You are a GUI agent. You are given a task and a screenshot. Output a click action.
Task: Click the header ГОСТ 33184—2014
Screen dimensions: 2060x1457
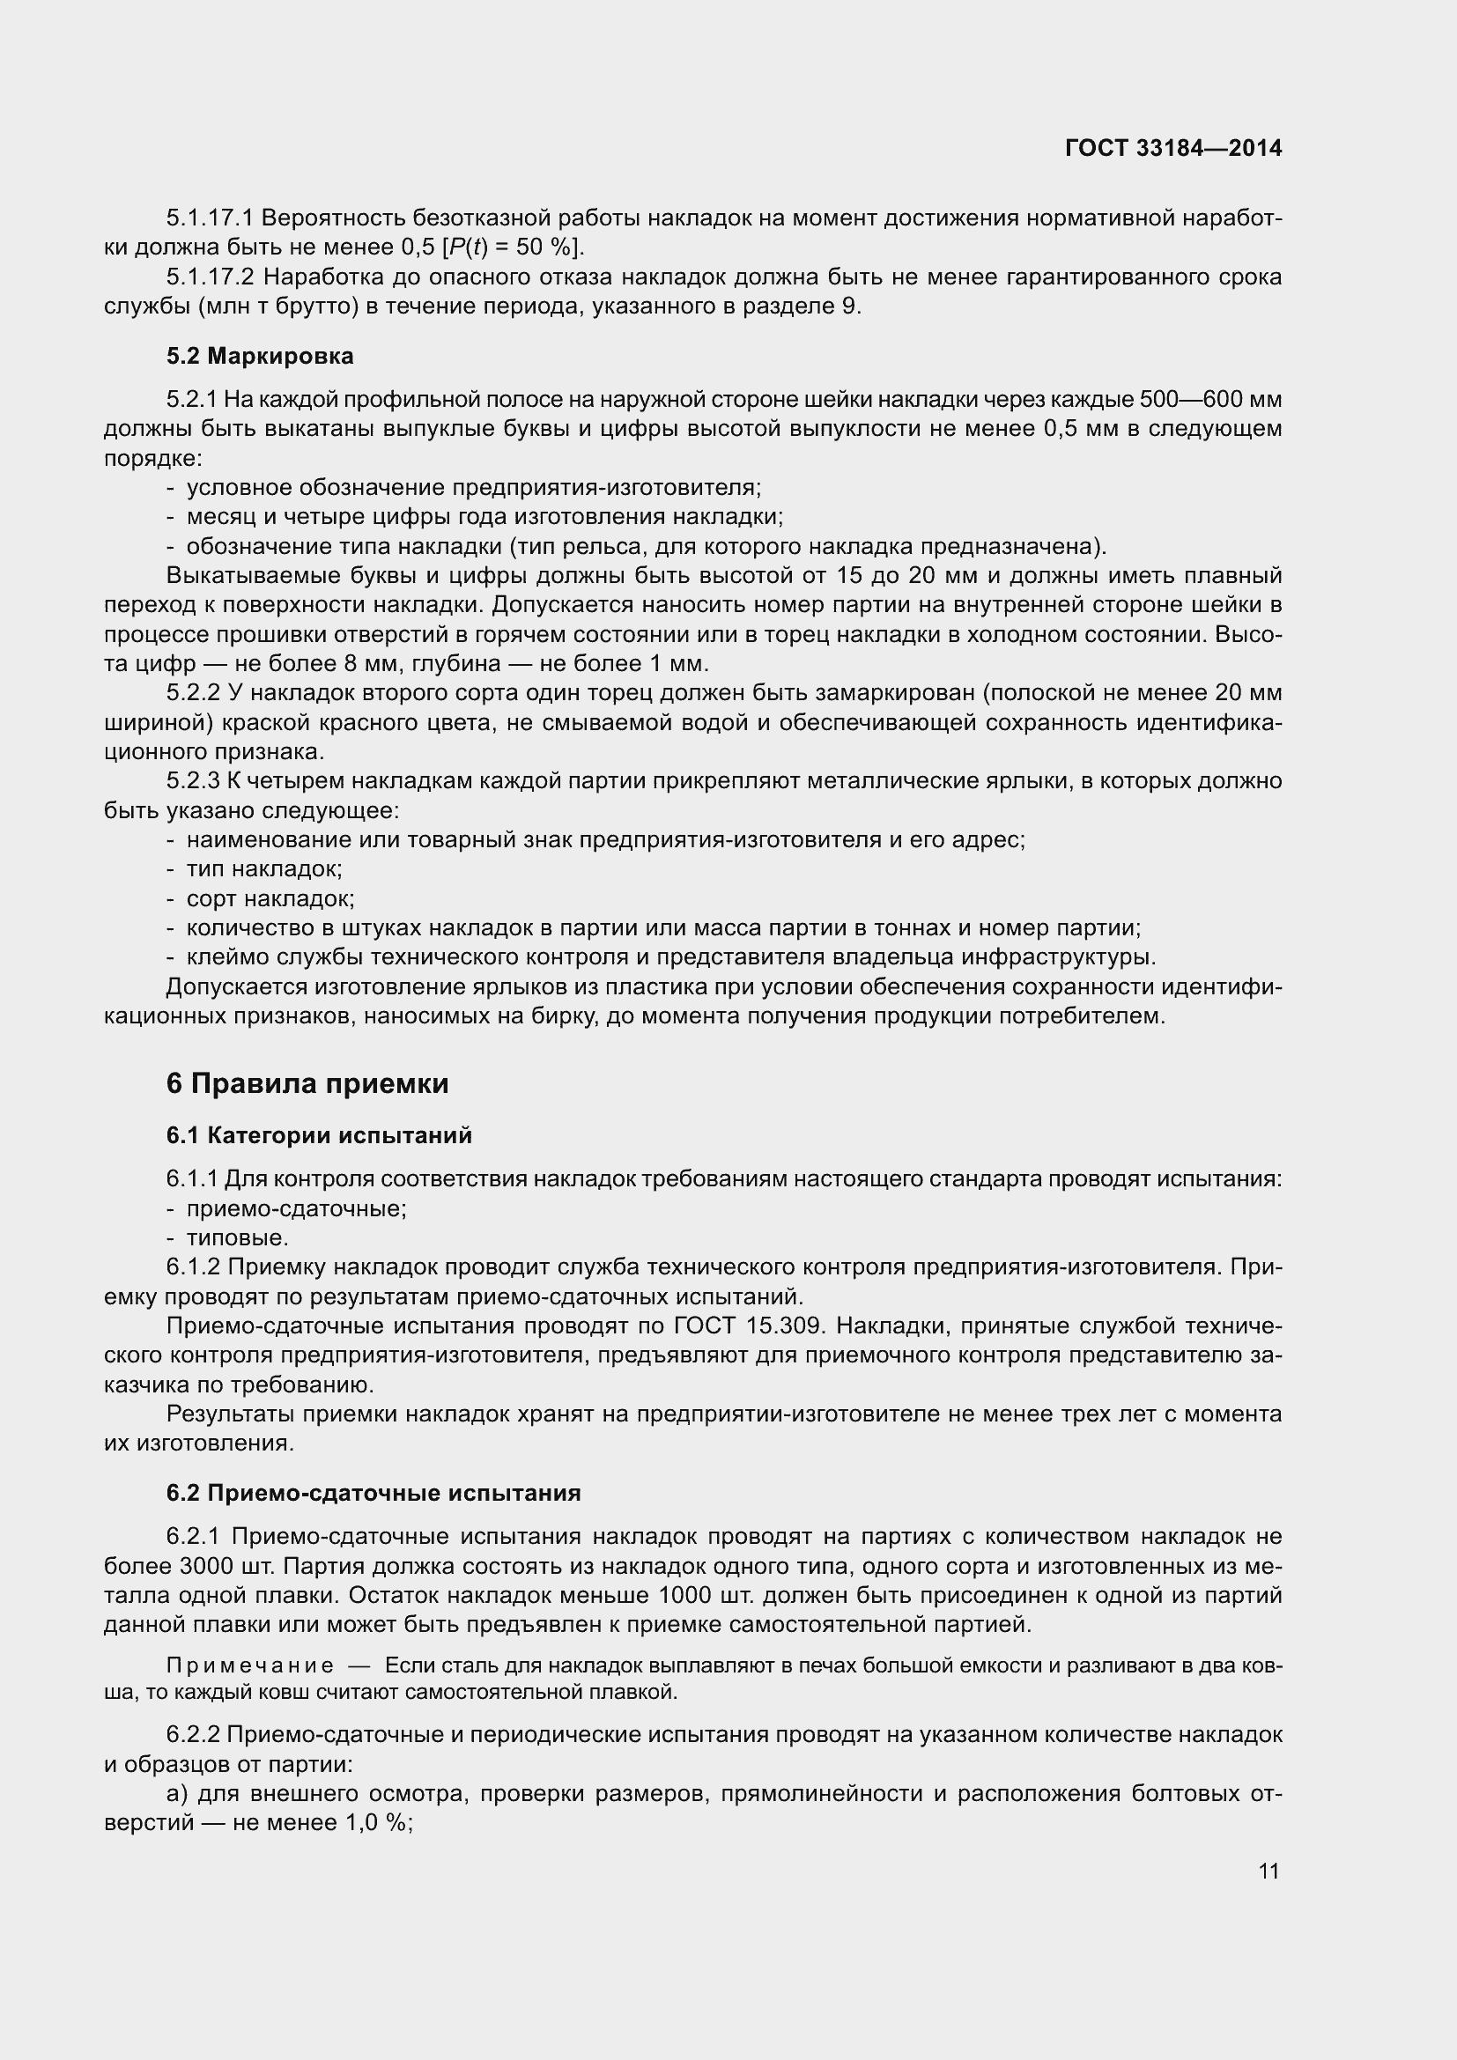tap(1172, 148)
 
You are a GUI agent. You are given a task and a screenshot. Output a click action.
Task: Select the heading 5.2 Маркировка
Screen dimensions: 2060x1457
tap(259, 356)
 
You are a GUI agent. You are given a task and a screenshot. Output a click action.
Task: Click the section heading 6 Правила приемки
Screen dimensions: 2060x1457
tap(307, 1084)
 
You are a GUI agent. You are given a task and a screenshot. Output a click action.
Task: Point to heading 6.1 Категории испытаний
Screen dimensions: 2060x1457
tap(319, 1136)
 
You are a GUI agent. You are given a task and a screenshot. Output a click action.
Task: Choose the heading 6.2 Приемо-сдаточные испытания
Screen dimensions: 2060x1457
tap(373, 1493)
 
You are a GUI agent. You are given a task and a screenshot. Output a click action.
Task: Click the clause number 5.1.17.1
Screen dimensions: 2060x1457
tap(210, 218)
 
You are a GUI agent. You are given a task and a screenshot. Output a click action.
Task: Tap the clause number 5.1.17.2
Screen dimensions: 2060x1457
tap(210, 277)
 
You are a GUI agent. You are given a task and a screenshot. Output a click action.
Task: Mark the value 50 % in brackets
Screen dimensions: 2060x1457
tap(541, 247)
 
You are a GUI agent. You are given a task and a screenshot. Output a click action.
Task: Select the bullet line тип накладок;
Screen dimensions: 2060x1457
tap(263, 868)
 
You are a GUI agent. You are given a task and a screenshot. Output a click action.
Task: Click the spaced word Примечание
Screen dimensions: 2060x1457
tap(250, 1666)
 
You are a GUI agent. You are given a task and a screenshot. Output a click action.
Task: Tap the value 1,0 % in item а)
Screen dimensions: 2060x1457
tap(376, 1823)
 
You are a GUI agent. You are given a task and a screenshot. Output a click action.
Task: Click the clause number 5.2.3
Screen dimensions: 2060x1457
tap(192, 780)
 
